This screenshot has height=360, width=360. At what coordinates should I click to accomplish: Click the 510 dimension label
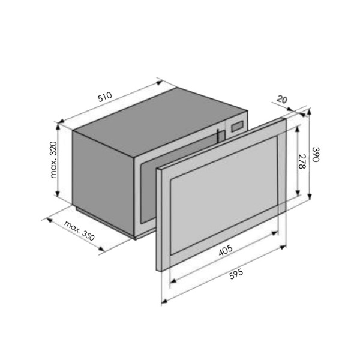pos(105,97)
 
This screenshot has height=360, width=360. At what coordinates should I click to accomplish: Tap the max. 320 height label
pos(53,160)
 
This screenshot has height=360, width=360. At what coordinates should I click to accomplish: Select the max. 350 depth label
pos(79,231)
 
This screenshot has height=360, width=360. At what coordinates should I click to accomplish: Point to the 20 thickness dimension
pos(282,100)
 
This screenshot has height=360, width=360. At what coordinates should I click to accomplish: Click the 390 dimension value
pos(316,154)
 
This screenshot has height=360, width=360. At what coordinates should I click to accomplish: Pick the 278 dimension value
pos(302,161)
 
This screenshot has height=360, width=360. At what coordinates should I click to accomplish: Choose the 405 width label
pos(226,250)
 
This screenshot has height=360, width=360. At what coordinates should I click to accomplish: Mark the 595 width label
pos(236,274)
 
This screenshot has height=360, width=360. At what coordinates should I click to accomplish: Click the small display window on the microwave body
pos(238,127)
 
